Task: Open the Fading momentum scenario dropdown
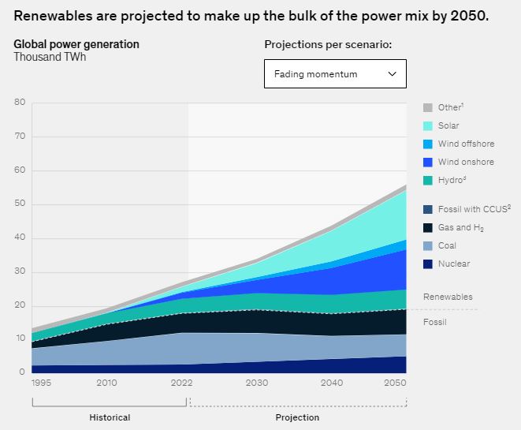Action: [335, 73]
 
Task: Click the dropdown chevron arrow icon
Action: [393, 73]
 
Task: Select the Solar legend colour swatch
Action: [428, 125]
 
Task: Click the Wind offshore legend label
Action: [466, 144]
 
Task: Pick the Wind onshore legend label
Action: [466, 162]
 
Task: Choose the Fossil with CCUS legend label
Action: [468, 209]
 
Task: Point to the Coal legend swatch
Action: [428, 245]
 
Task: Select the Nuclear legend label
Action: [454, 264]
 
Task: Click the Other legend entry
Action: [450, 107]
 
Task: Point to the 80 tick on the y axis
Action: [20, 102]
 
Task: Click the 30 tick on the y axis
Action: [20, 272]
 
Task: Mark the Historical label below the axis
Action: [110, 417]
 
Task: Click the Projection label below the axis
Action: [297, 417]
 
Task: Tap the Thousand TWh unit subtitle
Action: [50, 58]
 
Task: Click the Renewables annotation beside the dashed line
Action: [448, 297]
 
